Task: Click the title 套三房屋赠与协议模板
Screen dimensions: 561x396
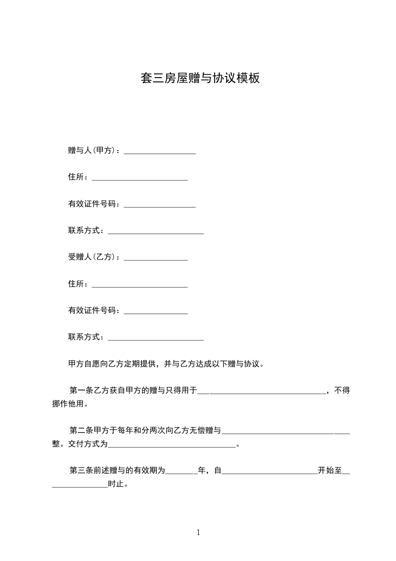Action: pos(200,78)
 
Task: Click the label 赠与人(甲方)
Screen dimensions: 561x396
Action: pos(92,150)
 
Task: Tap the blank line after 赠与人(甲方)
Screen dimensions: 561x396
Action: pos(159,151)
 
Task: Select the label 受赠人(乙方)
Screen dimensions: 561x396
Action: pos(92,257)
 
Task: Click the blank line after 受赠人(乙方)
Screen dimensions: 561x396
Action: pos(155,258)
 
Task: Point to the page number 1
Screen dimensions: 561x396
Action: pos(198,532)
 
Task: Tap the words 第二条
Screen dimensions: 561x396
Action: pos(79,430)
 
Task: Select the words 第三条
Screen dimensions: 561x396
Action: pos(79,470)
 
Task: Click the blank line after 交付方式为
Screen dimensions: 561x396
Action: pos(171,444)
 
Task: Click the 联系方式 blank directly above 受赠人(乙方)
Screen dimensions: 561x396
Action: pos(155,232)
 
